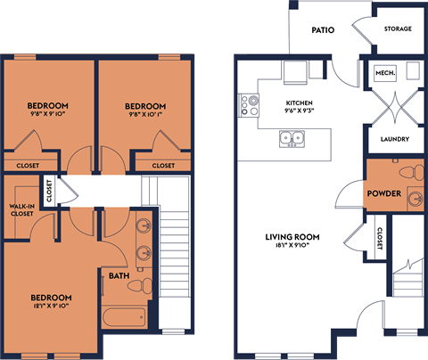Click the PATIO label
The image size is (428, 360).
pyautogui.click(x=323, y=30)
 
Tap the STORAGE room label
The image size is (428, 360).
pyautogui.click(x=398, y=29)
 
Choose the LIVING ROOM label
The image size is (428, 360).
pyautogui.click(x=292, y=237)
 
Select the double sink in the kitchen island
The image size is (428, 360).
pyautogui.click(x=291, y=138)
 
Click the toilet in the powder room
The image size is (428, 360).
pyautogui.click(x=408, y=172)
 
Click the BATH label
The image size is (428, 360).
pyautogui.click(x=117, y=277)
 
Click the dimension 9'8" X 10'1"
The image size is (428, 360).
pyautogui.click(x=145, y=114)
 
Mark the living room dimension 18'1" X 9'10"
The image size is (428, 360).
pyautogui.click(x=292, y=247)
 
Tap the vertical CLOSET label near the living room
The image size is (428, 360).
pyautogui.click(x=380, y=237)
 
